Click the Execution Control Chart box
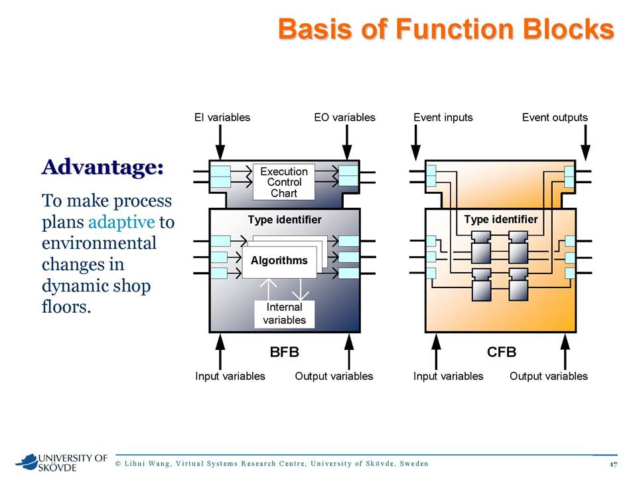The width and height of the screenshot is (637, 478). click(283, 182)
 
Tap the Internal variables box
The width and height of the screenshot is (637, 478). click(285, 313)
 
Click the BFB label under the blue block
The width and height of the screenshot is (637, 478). click(285, 352)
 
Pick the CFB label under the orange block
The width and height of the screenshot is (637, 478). click(502, 352)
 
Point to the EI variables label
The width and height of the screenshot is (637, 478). click(222, 118)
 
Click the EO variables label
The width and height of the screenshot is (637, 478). click(344, 118)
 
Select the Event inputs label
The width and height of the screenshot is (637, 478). click(443, 118)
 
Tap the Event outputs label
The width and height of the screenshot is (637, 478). click(555, 118)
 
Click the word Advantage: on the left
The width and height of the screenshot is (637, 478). click(102, 167)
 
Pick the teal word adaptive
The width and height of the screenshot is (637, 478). click(121, 222)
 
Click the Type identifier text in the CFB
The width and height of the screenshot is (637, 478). click(501, 220)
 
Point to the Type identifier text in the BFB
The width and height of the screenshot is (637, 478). click(285, 220)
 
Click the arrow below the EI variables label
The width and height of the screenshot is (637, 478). click(220, 142)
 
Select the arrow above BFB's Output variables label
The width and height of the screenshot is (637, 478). click(348, 352)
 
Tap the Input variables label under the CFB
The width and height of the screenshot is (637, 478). click(448, 376)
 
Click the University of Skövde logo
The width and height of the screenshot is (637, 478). click(61, 463)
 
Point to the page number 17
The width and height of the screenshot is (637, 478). click(613, 464)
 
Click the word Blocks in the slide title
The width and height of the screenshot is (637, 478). click(569, 29)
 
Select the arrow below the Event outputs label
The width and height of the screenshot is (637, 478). click(585, 142)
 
